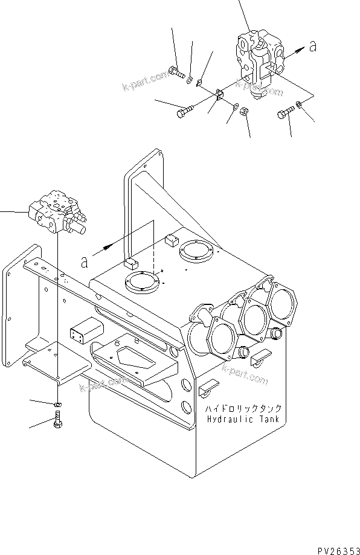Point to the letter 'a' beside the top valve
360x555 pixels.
(x=312, y=47)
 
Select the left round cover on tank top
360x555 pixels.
(x=142, y=283)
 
